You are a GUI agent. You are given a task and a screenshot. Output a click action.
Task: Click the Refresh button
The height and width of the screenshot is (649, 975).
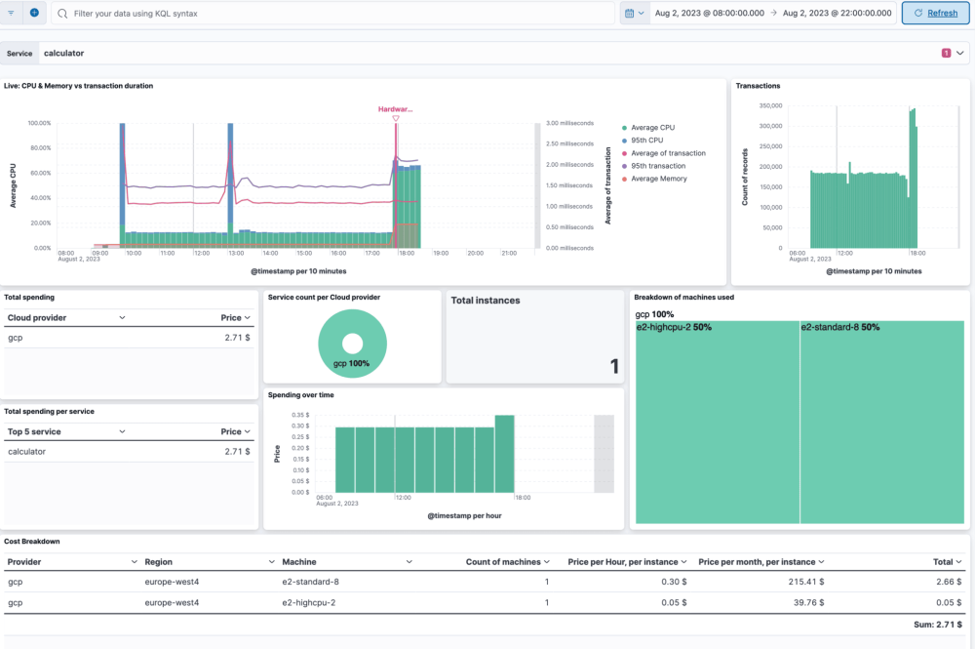pyautogui.click(x=935, y=13)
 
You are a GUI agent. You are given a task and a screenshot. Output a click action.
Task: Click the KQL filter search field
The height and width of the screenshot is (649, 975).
pyautogui.click(x=331, y=14)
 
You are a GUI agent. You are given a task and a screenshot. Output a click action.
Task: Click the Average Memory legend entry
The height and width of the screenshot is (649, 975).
pyautogui.click(x=658, y=179)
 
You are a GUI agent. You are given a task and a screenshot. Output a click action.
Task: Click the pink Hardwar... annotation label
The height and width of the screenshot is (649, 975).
pyautogui.click(x=395, y=109)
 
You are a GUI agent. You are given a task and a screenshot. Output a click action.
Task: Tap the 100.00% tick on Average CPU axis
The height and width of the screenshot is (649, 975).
pyautogui.click(x=39, y=124)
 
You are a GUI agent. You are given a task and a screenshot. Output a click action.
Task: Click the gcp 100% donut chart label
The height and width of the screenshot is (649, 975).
pyautogui.click(x=352, y=362)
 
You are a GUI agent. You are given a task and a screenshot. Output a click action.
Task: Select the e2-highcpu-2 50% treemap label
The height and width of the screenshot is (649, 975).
pyautogui.click(x=674, y=328)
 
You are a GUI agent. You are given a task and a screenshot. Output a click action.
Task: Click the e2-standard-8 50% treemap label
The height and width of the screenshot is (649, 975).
pyautogui.click(x=839, y=328)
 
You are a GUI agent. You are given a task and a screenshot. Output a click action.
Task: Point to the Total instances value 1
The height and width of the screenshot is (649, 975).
pyautogui.click(x=614, y=367)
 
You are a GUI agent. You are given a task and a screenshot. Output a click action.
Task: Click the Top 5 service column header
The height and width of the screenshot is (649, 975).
pyautogui.click(x=34, y=431)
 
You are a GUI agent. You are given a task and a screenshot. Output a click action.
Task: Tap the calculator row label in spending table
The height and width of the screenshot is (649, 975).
pyautogui.click(x=26, y=452)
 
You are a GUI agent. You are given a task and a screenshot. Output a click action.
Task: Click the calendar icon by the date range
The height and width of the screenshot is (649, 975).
pyautogui.click(x=630, y=14)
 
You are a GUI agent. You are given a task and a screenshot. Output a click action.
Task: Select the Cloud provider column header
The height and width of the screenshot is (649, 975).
pyautogui.click(x=38, y=317)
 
